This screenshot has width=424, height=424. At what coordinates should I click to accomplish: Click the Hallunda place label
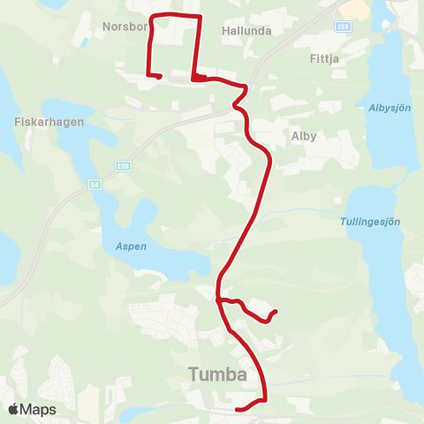pyautogui.click(x=247, y=30)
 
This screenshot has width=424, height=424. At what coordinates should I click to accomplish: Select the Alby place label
pyautogui.click(x=303, y=137)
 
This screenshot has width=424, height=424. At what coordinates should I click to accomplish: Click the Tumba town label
pyautogui.click(x=217, y=375)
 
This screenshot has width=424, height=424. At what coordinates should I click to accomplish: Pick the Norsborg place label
pyautogui.click(x=125, y=26)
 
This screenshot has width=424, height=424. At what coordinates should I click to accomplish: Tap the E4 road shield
pyautogui.click(x=94, y=185)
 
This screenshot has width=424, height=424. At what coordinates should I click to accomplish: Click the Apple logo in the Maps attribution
pyautogui.click(x=14, y=409)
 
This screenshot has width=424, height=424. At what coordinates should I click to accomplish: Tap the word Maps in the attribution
pyautogui.click(x=38, y=409)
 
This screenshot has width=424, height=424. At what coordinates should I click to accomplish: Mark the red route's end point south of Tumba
pyautogui.click(x=238, y=409)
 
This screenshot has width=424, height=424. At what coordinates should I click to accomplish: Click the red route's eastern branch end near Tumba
pyautogui.click(x=276, y=311)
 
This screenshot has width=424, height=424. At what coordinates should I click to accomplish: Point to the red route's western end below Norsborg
pyautogui.click(x=158, y=77)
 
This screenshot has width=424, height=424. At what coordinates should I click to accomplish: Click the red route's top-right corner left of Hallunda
pyautogui.click(x=200, y=17)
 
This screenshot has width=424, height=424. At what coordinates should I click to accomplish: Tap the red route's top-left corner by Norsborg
pyautogui.click(x=155, y=16)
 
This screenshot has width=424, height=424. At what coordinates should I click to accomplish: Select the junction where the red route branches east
pyautogui.click(x=217, y=300)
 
